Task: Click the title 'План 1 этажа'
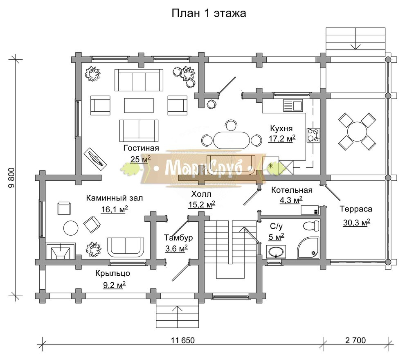[x=209, y=13]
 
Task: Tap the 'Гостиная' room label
[x=141, y=148]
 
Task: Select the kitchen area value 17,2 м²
[x=282, y=138]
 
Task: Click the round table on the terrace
[x=357, y=132]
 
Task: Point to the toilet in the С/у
[x=311, y=226]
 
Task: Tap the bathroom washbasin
[x=276, y=252]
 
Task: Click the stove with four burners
[x=313, y=135]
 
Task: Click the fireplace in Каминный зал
[x=61, y=251]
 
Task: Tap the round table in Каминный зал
[x=71, y=227]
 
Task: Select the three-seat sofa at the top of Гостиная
[x=139, y=80]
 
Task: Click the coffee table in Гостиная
[x=139, y=106]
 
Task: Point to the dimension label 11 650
[x=182, y=340]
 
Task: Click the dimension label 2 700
[x=355, y=340]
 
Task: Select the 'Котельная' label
[x=292, y=190]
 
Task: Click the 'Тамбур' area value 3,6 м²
[x=176, y=248]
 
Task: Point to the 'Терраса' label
[x=356, y=209]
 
